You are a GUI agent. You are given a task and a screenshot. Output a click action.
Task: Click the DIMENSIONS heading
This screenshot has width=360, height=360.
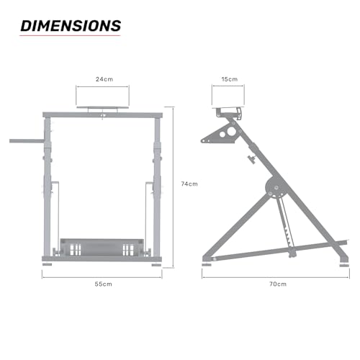[70, 25]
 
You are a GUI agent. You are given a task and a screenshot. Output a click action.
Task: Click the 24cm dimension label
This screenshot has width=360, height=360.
[104, 80]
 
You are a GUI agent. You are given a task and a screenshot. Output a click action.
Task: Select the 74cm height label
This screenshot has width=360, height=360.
[189, 184]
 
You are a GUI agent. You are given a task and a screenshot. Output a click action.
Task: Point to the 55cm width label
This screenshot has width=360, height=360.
[103, 284]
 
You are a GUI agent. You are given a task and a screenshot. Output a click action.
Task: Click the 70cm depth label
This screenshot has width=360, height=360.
[278, 284]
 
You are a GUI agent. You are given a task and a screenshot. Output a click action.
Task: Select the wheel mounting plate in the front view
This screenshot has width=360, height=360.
[104, 109]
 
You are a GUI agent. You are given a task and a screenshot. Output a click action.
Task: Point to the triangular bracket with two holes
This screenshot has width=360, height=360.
[222, 134]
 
